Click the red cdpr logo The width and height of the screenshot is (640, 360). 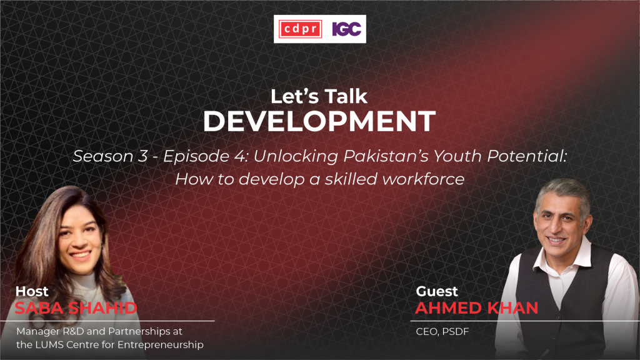point(301,29)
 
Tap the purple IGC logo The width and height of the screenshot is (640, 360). point(346,29)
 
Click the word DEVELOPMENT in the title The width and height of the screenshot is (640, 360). point(319,121)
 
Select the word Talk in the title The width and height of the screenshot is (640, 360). point(345,96)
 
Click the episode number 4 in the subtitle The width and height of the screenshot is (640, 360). point(239,156)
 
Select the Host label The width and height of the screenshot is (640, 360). point(32,291)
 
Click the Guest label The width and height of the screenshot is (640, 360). point(437,291)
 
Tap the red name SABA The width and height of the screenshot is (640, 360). point(38,308)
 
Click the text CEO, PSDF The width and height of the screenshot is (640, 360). point(442,331)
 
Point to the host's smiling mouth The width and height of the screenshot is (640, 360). point(81,256)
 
